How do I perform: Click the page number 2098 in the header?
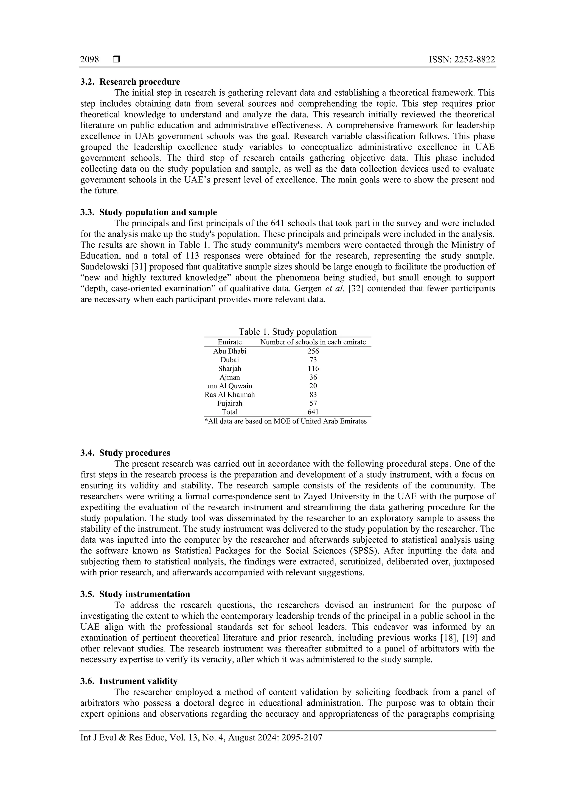(x=89, y=60)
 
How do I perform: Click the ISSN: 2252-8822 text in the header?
(x=462, y=60)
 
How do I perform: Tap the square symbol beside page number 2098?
(x=116, y=60)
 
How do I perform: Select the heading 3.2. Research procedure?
(x=130, y=82)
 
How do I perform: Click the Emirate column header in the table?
(x=230, y=342)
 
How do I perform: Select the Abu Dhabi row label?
(x=230, y=351)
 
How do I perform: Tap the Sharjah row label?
(x=230, y=368)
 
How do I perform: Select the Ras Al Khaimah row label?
(x=230, y=395)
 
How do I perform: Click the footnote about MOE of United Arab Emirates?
(x=285, y=421)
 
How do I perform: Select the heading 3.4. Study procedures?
(x=125, y=453)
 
